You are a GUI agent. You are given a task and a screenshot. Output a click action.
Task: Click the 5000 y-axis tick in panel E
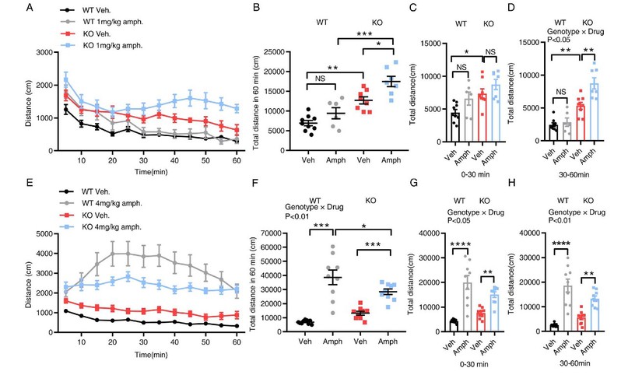point(47,233)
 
